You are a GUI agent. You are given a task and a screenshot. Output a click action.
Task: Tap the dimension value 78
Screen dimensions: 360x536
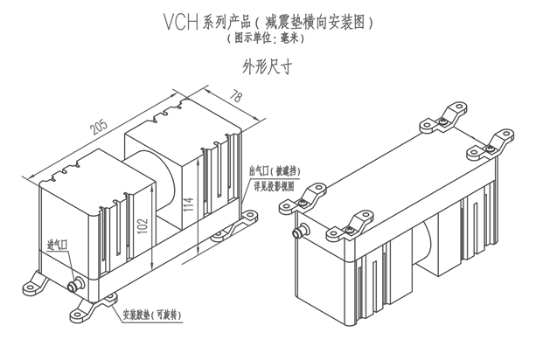(x=235, y=97)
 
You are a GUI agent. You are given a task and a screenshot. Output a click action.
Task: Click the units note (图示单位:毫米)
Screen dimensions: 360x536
(x=267, y=39)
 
